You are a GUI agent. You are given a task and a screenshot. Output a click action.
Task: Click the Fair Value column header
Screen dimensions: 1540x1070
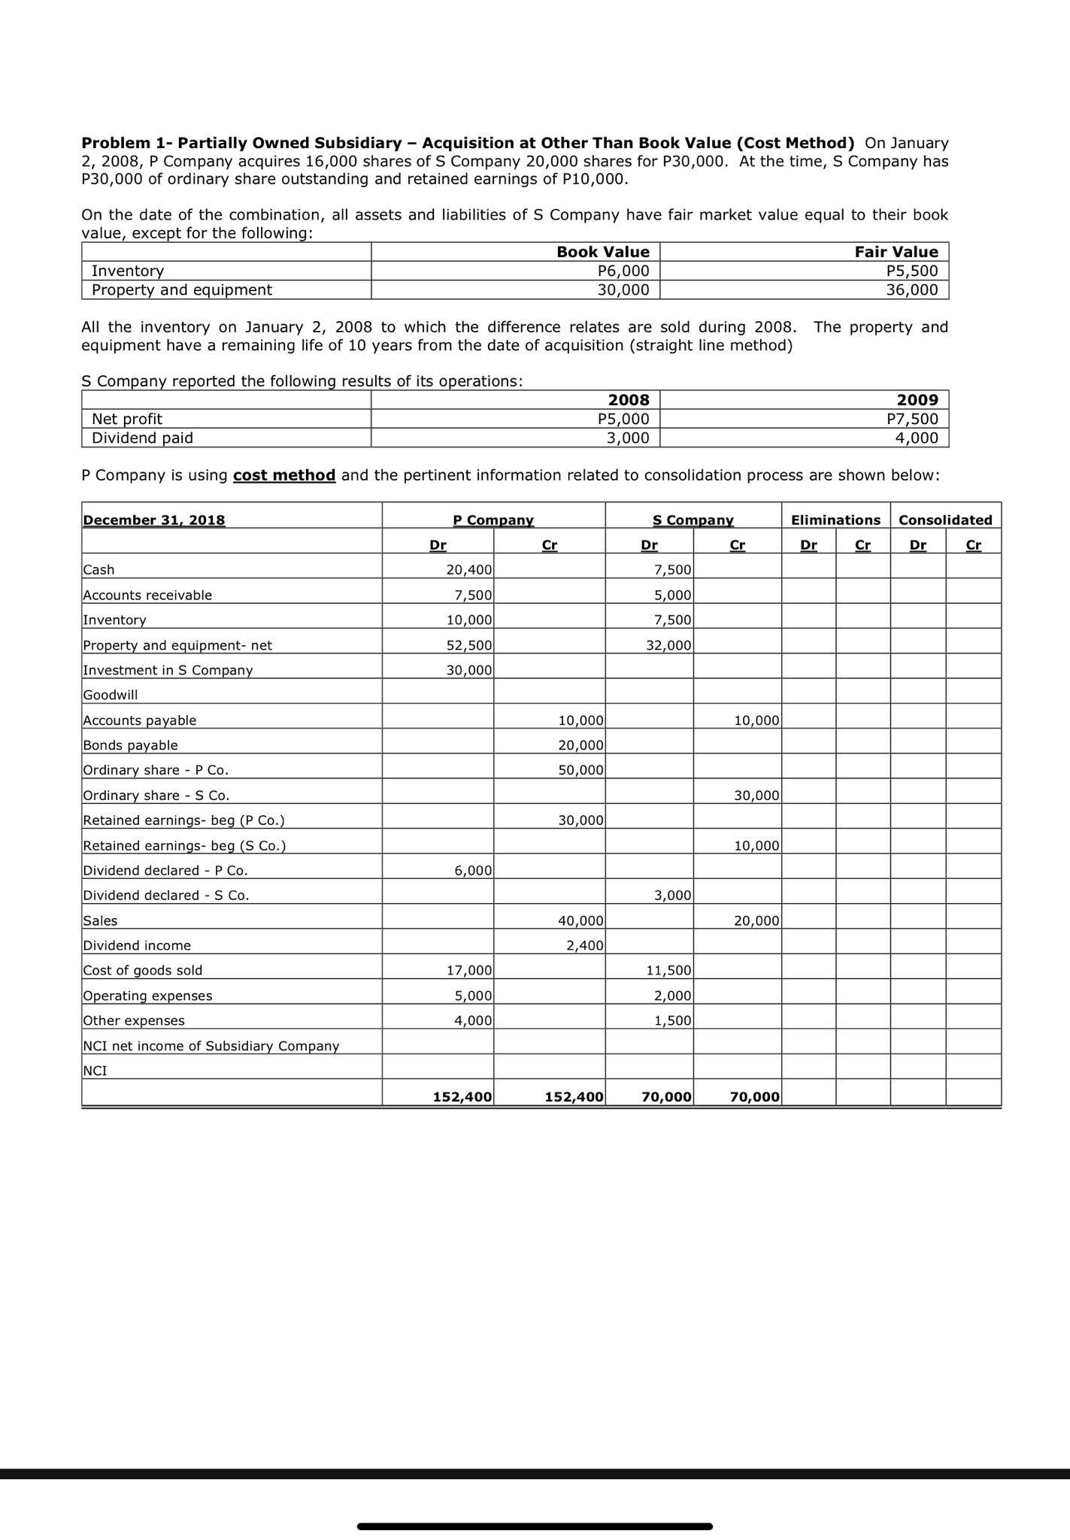click(x=896, y=252)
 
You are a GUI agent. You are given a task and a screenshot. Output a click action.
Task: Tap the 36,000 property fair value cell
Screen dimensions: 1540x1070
click(x=911, y=290)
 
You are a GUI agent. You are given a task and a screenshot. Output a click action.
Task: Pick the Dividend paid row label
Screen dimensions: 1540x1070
click(x=142, y=438)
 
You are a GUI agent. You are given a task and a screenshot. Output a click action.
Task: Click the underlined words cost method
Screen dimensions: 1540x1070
click(x=284, y=475)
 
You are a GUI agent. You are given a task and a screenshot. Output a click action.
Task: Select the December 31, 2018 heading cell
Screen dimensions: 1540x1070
click(x=153, y=520)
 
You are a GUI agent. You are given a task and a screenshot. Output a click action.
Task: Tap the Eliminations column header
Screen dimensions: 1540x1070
click(x=835, y=520)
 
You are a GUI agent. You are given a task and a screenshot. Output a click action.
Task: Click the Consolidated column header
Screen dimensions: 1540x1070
click(x=945, y=520)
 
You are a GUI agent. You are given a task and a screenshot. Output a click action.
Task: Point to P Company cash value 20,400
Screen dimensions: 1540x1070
click(x=469, y=570)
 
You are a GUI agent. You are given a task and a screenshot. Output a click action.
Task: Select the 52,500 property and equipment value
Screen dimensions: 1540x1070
click(x=469, y=645)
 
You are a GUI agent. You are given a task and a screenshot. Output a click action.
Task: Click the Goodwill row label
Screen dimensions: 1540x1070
click(x=111, y=695)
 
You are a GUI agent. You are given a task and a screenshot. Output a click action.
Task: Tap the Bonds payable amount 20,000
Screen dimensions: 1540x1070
click(x=580, y=745)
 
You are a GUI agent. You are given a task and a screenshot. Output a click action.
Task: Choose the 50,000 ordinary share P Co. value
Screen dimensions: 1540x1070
click(x=580, y=770)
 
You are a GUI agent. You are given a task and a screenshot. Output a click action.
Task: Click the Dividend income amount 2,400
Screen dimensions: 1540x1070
click(x=584, y=945)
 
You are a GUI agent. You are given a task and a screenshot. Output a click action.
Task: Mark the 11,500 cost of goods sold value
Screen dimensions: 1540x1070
click(x=668, y=971)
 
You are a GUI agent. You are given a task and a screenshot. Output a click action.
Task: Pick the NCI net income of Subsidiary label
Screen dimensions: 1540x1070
click(x=211, y=1046)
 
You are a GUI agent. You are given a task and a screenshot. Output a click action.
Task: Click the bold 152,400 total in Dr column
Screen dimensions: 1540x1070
click(x=462, y=1097)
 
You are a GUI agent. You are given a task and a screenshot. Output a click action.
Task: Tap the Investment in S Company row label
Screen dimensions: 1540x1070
click(x=168, y=670)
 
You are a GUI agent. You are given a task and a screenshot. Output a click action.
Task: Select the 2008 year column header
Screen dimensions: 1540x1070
click(x=628, y=399)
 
